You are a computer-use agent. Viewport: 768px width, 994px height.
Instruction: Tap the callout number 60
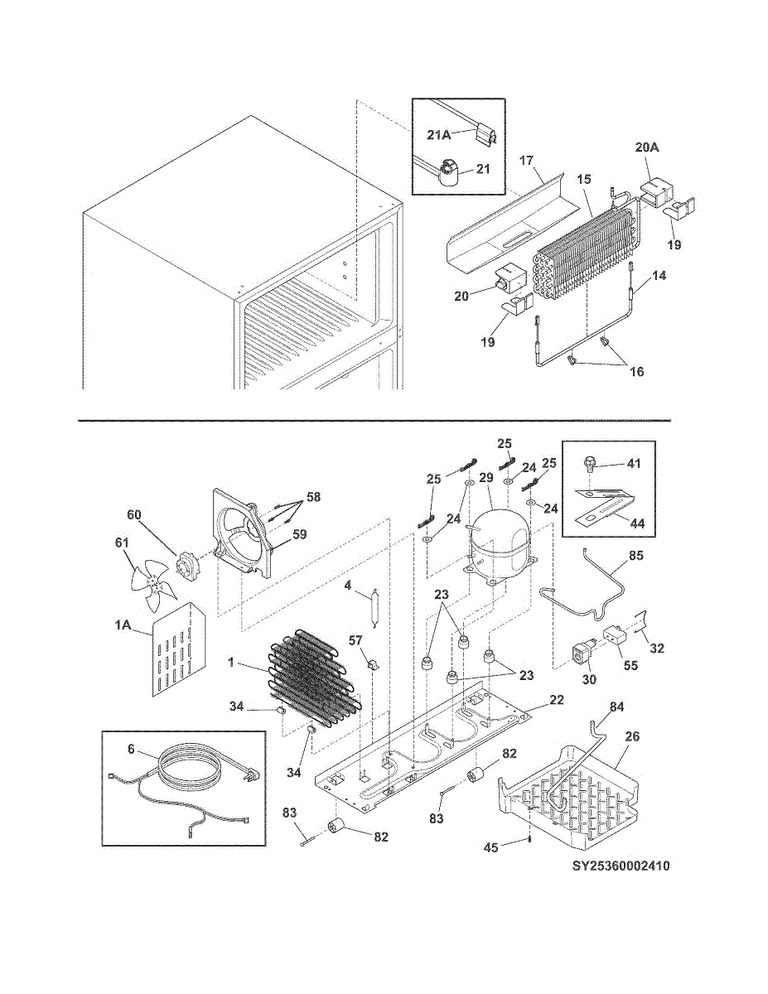pos(134,514)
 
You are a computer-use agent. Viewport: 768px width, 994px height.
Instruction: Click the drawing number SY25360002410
pos(621,867)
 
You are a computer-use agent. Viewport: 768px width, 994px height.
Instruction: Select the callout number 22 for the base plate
pos(556,701)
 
